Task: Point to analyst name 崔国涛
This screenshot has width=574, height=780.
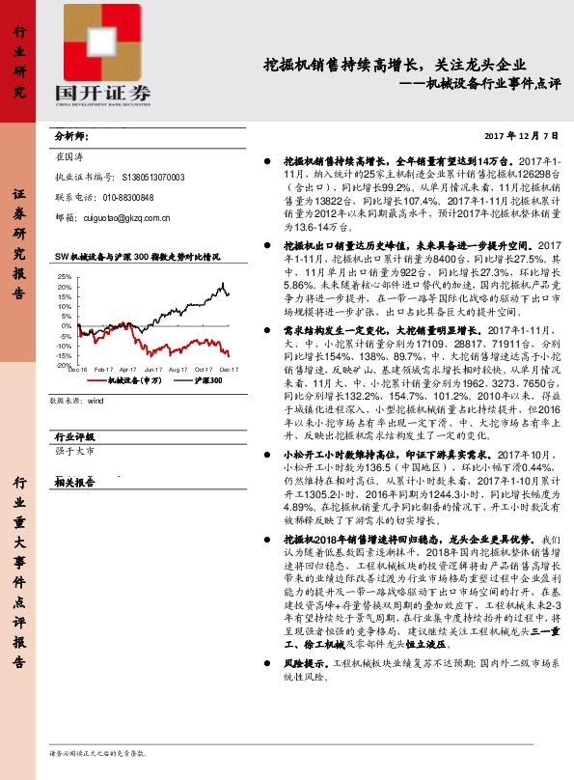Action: (71, 157)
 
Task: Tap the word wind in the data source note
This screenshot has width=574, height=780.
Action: (95, 400)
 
